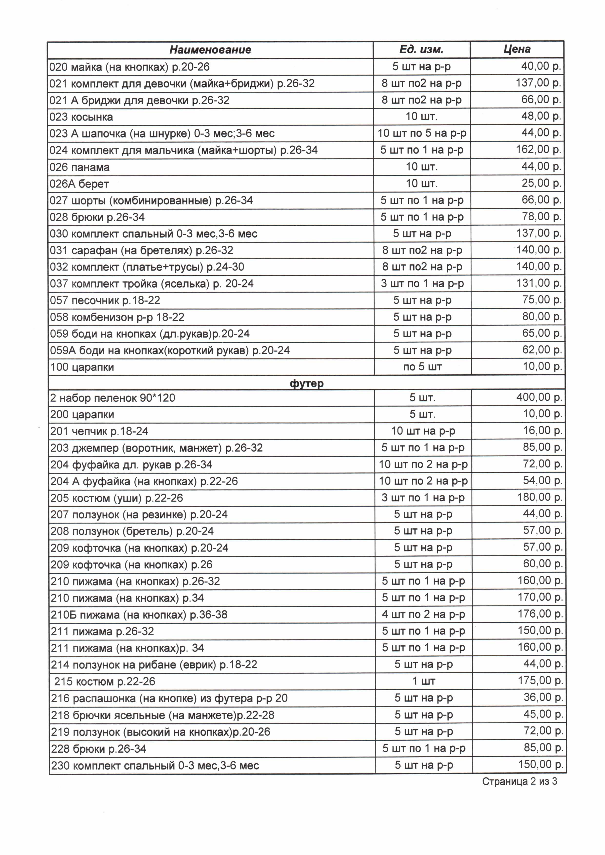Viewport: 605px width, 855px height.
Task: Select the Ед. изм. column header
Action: click(421, 49)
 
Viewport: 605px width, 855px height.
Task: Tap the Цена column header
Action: click(517, 49)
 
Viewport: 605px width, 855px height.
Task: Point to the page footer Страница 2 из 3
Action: click(519, 781)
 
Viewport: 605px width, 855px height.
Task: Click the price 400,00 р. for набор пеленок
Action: click(539, 397)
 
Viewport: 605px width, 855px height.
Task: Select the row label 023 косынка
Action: click(81, 117)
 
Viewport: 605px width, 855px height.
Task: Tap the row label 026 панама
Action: click(80, 167)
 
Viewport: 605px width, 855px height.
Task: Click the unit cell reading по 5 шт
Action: click(422, 367)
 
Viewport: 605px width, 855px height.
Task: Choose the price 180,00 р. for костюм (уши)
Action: click(539, 497)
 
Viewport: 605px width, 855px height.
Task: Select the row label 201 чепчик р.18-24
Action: click(99, 431)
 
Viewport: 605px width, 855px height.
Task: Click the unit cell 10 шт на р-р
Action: click(423, 431)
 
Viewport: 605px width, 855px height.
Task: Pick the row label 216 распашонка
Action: click(169, 698)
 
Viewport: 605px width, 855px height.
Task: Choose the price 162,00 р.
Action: click(538, 150)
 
